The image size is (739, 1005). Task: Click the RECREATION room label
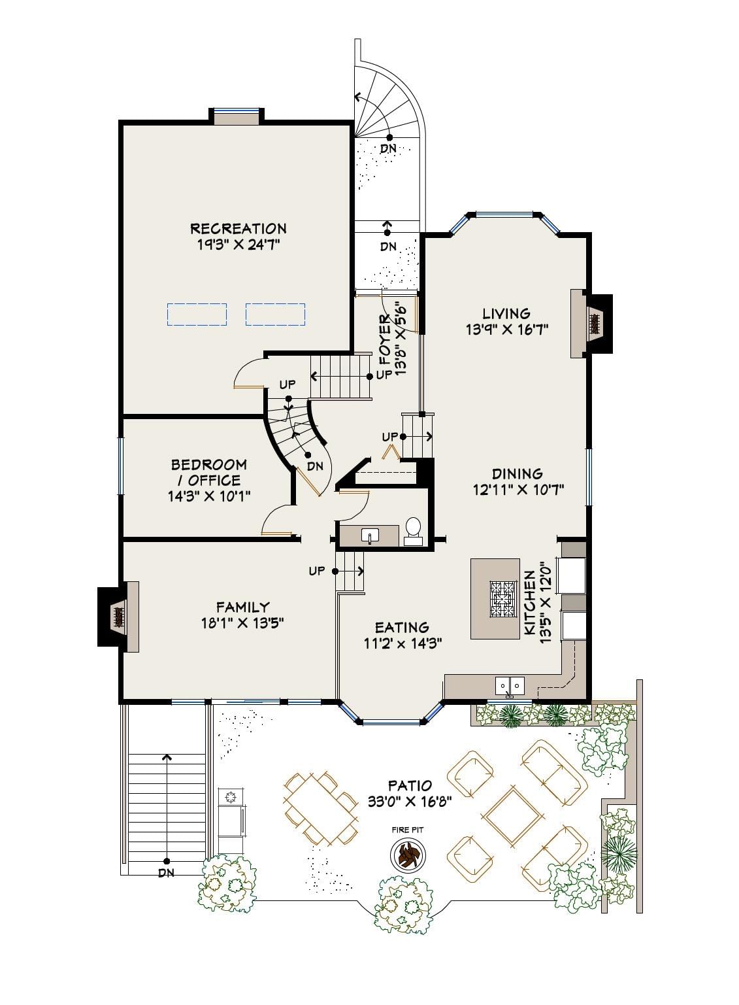coord(238,229)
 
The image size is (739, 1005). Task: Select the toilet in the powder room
coord(413,531)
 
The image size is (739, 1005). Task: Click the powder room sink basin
coord(370,536)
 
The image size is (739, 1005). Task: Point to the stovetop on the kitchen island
coord(502,598)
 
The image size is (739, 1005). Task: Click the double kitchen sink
coord(510,685)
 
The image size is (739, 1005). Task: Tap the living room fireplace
coord(591,324)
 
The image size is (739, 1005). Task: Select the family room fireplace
coord(118,617)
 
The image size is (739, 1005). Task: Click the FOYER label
coord(384,339)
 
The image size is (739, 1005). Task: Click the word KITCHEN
coord(529,603)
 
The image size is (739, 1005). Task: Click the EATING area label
coord(402,627)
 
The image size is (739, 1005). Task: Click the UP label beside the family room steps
coord(317,571)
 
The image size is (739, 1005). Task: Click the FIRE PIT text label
coord(408,830)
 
